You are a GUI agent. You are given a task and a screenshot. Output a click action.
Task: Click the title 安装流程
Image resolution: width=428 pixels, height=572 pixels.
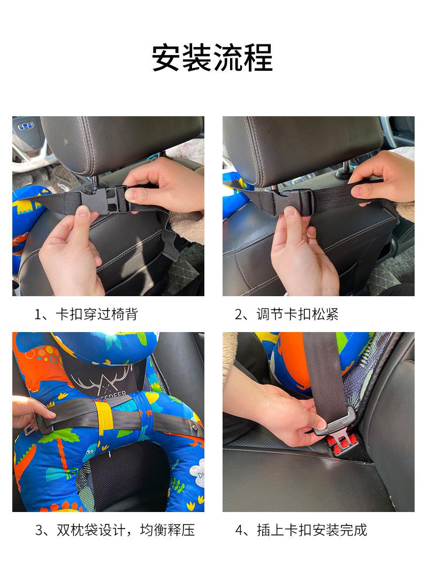(212, 57)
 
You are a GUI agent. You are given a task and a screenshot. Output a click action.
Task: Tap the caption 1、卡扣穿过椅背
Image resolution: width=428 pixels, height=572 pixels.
(86, 314)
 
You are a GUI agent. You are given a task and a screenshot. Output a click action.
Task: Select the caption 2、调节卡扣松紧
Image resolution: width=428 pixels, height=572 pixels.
(287, 314)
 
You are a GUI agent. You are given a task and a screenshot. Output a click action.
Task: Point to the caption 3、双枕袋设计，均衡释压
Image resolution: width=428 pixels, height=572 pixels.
(114, 530)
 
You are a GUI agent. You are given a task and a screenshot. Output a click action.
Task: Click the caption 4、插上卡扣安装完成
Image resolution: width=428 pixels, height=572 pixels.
(301, 530)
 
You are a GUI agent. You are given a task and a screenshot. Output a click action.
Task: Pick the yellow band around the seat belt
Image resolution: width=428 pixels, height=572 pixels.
(104, 418)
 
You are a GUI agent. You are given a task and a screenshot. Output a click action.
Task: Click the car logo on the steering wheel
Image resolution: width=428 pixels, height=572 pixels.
(26, 126)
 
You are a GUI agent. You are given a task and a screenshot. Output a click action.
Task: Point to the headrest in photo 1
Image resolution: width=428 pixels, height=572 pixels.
(122, 144)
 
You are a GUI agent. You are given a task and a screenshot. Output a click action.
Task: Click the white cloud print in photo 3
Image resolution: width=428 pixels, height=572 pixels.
(199, 474)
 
